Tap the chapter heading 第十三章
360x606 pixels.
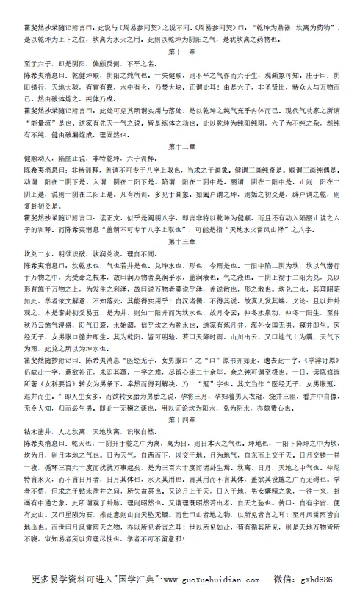(180, 240)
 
